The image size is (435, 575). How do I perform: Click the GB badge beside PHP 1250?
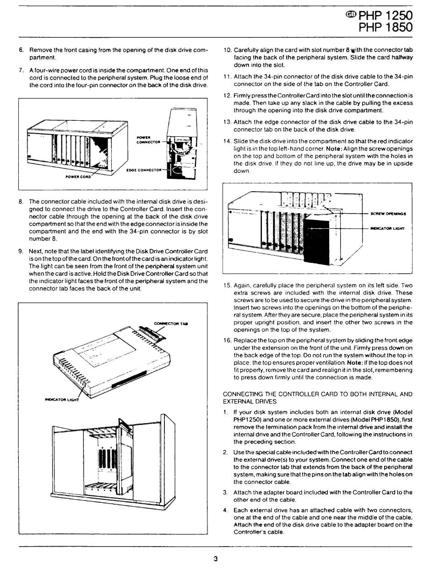pyautogui.click(x=351, y=15)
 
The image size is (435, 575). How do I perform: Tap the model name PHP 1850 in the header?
pyautogui.click(x=385, y=27)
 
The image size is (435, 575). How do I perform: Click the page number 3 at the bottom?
pyautogui.click(x=216, y=559)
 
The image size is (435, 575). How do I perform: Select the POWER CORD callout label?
pyautogui.click(x=78, y=177)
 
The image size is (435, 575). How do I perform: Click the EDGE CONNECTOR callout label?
pyautogui.click(x=144, y=170)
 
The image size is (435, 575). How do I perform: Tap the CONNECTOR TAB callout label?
pyautogui.click(x=171, y=323)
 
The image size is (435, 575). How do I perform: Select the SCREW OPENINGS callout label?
pyautogui.click(x=388, y=214)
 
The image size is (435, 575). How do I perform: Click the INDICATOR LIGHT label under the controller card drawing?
pyautogui.click(x=62, y=400)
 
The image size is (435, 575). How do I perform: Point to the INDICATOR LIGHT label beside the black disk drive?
pyautogui.click(x=387, y=228)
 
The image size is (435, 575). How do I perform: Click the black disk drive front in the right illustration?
pyautogui.click(x=316, y=241)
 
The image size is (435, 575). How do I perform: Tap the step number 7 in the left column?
pyautogui.click(x=21, y=70)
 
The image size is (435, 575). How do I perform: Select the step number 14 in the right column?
pyautogui.click(x=227, y=141)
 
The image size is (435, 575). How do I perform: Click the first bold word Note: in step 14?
pyautogui.click(x=334, y=149)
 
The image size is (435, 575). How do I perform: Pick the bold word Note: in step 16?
pyautogui.click(x=354, y=363)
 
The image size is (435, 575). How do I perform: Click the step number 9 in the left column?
pyautogui.click(x=21, y=251)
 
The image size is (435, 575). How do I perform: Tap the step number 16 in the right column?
pyautogui.click(x=227, y=340)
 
